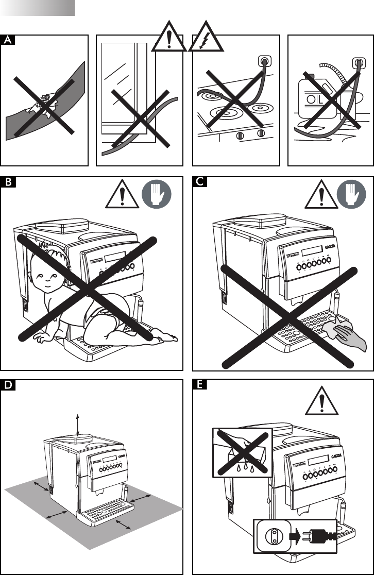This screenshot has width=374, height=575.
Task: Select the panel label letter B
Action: click(x=7, y=182)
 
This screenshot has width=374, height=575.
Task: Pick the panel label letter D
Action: click(x=7, y=384)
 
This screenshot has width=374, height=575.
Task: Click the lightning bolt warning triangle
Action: click(x=206, y=38)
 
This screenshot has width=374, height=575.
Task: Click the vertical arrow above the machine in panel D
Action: click(x=78, y=425)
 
